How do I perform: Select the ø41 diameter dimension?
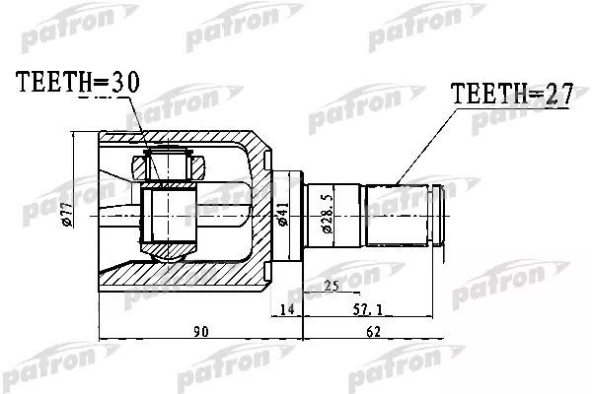(282, 214)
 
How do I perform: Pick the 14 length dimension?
(286, 310)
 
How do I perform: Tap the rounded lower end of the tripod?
(169, 252)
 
